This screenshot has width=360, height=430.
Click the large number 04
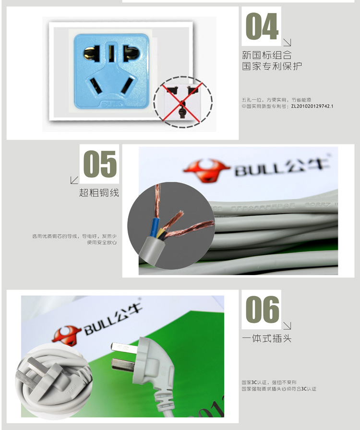click(262, 27)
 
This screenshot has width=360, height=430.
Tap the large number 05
click(100, 164)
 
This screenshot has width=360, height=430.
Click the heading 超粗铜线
click(99, 193)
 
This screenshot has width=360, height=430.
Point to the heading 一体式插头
click(266, 339)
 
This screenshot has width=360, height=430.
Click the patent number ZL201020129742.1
click(312, 106)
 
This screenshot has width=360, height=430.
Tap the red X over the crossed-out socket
click(183, 101)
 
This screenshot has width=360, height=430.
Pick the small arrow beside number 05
click(74, 180)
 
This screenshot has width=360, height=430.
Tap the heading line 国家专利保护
click(272, 66)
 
